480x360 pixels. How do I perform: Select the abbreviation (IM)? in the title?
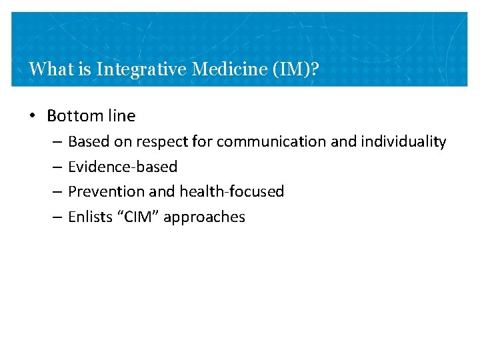click(x=295, y=69)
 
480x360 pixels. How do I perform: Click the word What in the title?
click(x=47, y=69)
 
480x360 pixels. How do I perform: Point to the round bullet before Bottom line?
click(x=33, y=116)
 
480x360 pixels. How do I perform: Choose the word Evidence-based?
click(x=123, y=167)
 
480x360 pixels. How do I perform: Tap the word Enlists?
click(x=90, y=217)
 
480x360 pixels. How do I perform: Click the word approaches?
click(x=204, y=217)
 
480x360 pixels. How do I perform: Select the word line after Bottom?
click(x=121, y=116)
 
